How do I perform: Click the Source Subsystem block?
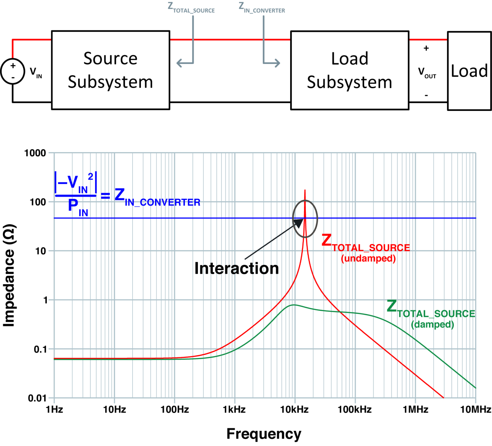click(x=111, y=70)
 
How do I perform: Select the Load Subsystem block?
click(x=349, y=70)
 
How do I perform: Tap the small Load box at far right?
click(x=469, y=71)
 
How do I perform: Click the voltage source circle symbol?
click(x=13, y=71)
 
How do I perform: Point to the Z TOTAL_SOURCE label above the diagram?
click(x=191, y=8)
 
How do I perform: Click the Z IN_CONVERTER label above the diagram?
click(x=262, y=8)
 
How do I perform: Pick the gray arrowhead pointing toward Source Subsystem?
click(x=180, y=63)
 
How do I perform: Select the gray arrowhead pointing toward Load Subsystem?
click(x=277, y=63)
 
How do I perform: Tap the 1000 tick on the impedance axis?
click(x=35, y=153)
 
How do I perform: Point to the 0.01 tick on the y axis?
click(x=37, y=398)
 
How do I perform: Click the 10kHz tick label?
click(x=294, y=410)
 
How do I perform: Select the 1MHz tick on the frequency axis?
click(x=415, y=410)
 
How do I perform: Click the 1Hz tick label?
click(x=54, y=410)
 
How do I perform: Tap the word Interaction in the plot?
click(x=236, y=268)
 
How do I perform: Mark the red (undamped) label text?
click(x=368, y=258)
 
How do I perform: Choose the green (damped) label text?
click(x=432, y=325)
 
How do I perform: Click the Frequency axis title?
click(x=264, y=434)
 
